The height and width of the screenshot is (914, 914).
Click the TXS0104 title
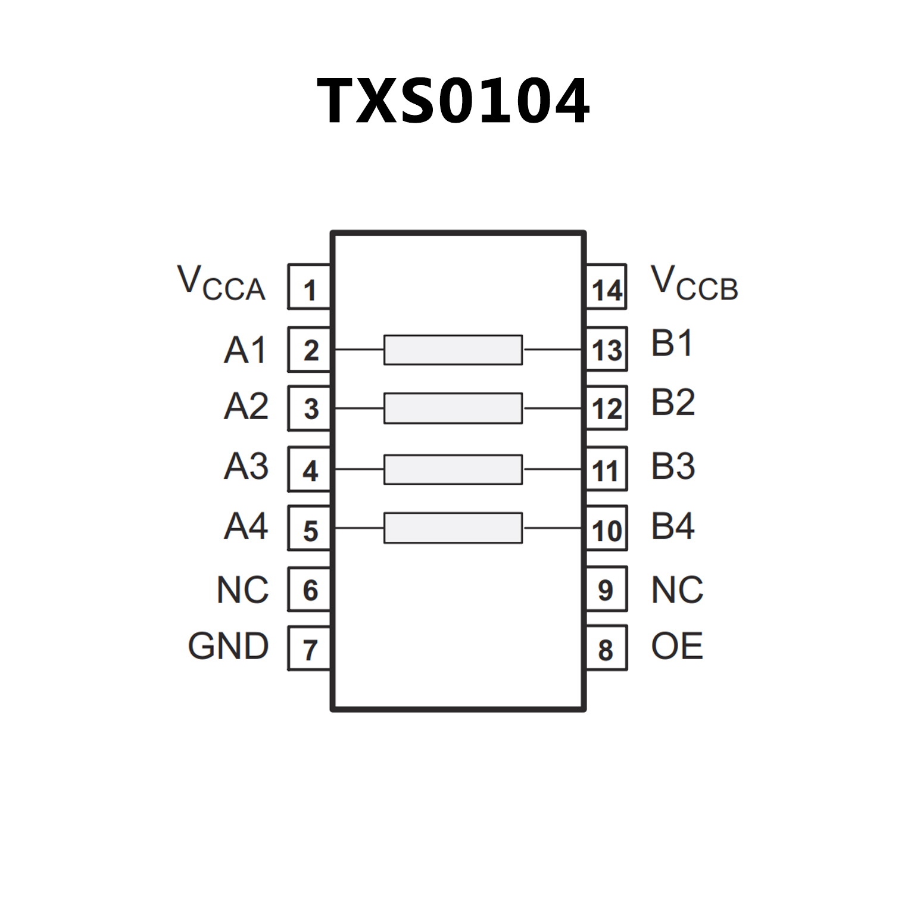click(x=453, y=101)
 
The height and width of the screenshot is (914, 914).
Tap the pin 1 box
click(x=309, y=288)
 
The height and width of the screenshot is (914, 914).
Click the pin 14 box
click(x=607, y=288)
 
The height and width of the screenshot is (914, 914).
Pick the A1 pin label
click(x=245, y=350)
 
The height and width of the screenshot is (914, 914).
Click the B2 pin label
click(x=673, y=403)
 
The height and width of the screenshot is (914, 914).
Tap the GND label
click(x=228, y=646)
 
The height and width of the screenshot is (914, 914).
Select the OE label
click(x=677, y=646)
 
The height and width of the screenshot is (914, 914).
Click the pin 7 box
click(x=309, y=648)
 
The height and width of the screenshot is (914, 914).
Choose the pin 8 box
click(x=607, y=648)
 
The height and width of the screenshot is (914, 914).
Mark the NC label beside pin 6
click(x=242, y=590)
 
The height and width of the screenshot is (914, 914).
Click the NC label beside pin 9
click(x=677, y=590)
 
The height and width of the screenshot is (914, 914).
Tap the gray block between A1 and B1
click(x=453, y=350)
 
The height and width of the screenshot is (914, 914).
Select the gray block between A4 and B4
click(x=453, y=528)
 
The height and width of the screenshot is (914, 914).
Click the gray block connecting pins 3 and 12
click(x=453, y=408)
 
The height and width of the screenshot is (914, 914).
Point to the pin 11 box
click(x=607, y=470)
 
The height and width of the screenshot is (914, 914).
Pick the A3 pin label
click(x=246, y=466)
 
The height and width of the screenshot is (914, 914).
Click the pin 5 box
click(x=309, y=529)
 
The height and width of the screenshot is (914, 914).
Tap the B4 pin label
click(x=673, y=526)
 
